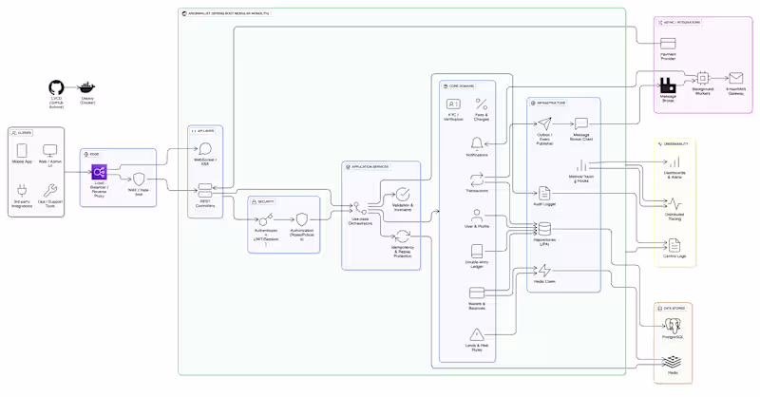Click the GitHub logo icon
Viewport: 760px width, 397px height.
point(56,87)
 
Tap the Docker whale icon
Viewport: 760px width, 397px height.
point(87,87)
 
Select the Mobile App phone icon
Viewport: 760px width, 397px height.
point(21,150)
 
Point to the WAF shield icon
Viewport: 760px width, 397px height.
point(139,179)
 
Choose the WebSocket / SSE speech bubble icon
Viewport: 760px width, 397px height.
point(205,148)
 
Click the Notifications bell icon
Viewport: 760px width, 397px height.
point(477,143)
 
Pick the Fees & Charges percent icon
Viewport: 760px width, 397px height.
point(482,104)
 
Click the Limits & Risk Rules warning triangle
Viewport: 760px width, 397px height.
point(477,334)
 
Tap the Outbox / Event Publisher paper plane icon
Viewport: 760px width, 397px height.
point(544,123)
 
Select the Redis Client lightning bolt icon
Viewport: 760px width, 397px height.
point(544,272)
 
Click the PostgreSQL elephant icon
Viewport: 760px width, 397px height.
point(673,325)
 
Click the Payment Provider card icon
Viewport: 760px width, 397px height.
point(668,44)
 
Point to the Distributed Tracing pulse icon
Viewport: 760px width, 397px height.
point(674,203)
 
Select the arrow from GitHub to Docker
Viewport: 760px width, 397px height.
point(71,87)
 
